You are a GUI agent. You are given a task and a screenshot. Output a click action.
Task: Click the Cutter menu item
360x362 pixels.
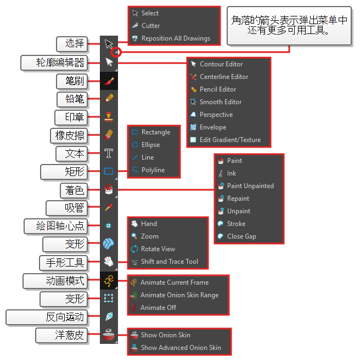[150, 26]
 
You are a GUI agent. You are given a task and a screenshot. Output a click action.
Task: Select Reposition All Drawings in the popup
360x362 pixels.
[175, 38]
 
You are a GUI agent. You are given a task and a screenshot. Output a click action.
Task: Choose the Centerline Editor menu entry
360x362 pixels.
[223, 77]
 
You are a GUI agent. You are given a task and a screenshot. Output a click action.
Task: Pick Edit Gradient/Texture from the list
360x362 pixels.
[230, 140]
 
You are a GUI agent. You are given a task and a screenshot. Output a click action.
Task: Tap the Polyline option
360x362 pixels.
[153, 170]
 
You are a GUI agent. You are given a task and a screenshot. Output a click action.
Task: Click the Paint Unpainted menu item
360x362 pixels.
[250, 186]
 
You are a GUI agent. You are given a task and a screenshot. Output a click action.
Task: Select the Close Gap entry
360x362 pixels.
[241, 236]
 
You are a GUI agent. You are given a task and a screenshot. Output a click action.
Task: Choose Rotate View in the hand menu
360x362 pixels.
[157, 249]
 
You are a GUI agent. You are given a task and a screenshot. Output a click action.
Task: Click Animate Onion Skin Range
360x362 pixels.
[179, 295]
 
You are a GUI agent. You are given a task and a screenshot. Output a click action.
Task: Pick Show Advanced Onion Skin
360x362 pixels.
[181, 348]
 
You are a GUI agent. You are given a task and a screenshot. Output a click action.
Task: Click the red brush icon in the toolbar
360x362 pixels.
[109, 81]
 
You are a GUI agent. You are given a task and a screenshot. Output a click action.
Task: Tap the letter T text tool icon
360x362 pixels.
[109, 153]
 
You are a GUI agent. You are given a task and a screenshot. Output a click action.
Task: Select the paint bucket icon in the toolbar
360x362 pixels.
[109, 189]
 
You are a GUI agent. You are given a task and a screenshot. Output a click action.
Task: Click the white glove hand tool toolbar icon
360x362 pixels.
[109, 262]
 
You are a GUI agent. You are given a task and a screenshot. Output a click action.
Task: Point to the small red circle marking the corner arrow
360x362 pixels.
[116, 53]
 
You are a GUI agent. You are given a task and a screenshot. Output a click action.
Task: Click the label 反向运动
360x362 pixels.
[65, 316]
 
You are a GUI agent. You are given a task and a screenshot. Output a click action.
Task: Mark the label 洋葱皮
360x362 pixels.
[70, 335]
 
